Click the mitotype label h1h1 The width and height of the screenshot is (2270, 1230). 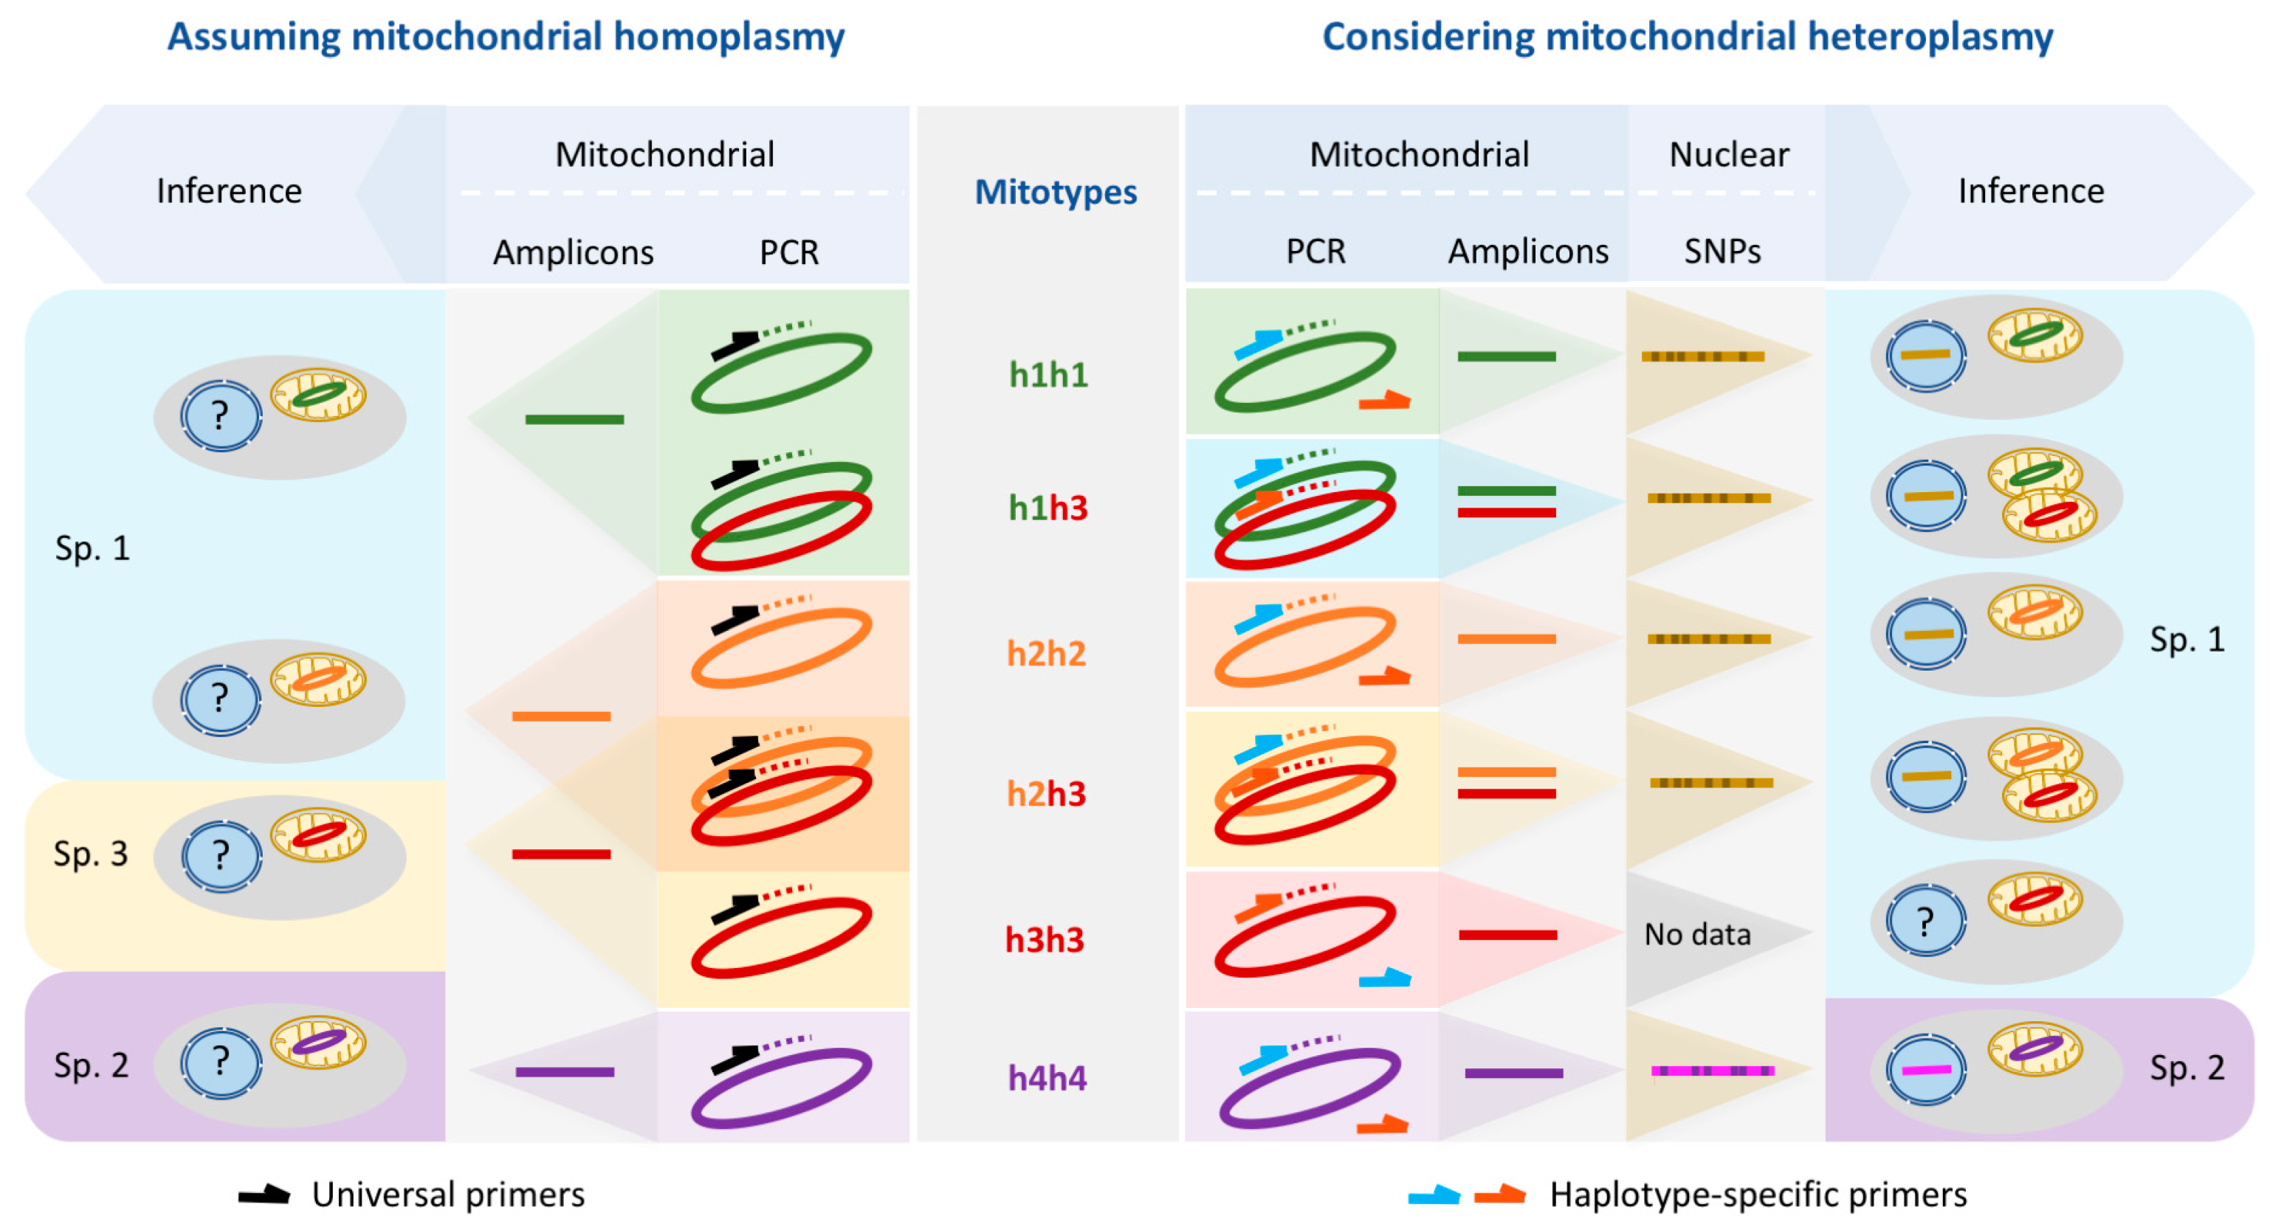click(x=1048, y=376)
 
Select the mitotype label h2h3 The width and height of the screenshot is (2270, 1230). click(x=1046, y=794)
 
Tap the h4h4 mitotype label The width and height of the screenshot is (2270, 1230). click(x=1047, y=1077)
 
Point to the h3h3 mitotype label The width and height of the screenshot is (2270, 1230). click(x=1045, y=940)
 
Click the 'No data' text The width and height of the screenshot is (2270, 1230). click(x=1696, y=934)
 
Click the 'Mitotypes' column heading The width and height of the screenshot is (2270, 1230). click(x=1055, y=192)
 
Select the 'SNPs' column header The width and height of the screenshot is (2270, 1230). click(x=1722, y=252)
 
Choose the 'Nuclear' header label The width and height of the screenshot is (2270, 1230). click(x=1729, y=155)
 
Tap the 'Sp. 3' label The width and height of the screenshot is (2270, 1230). click(x=91, y=854)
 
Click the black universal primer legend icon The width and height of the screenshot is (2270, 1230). click(x=264, y=1195)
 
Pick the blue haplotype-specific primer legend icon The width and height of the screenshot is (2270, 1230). click(x=1434, y=1195)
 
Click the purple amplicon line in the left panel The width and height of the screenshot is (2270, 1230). click(x=565, y=1071)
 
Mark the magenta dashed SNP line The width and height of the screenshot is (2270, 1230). click(x=1711, y=1071)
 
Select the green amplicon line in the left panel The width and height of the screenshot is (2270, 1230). click(x=574, y=419)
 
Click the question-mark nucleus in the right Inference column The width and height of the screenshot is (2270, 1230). click(x=1925, y=922)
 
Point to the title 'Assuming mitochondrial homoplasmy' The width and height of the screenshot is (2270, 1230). click(x=506, y=37)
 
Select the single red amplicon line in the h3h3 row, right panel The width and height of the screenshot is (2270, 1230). click(x=1507, y=935)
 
